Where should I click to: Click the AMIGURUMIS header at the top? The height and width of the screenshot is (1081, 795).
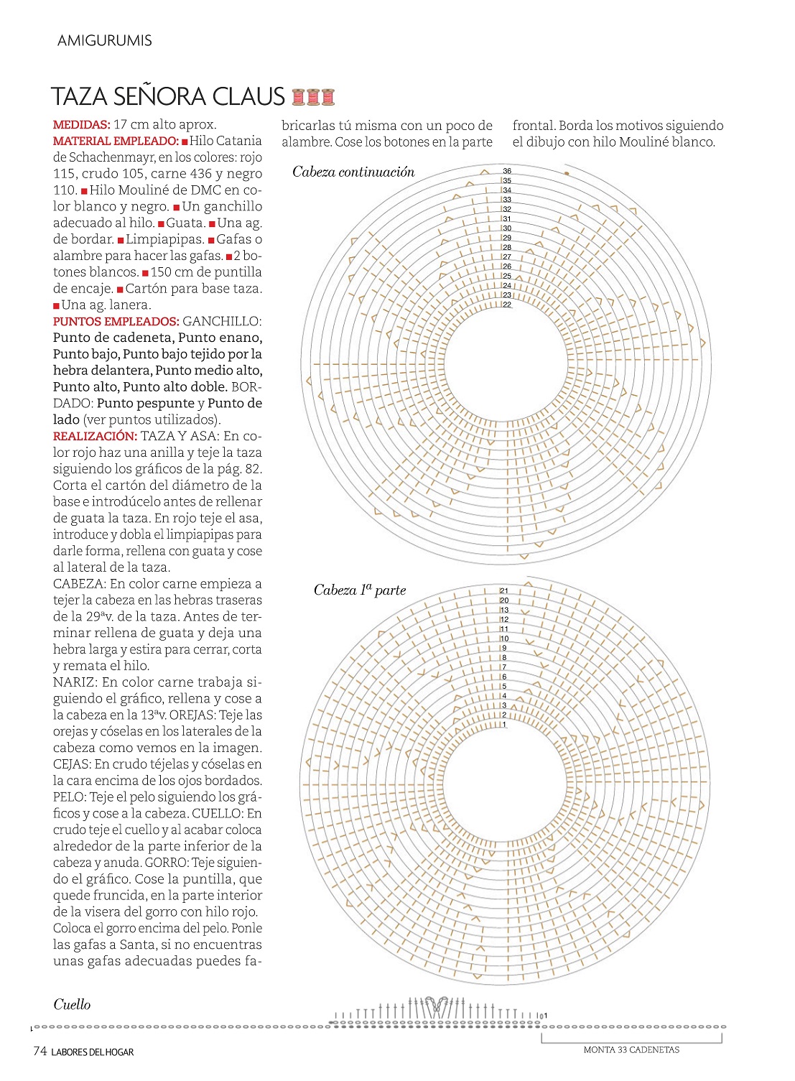click(105, 41)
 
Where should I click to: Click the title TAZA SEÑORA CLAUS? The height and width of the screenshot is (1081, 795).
click(168, 96)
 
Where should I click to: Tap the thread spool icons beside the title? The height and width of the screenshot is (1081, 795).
click(314, 96)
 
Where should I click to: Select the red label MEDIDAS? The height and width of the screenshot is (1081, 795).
click(81, 125)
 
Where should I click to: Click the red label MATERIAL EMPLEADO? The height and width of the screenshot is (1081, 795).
click(116, 141)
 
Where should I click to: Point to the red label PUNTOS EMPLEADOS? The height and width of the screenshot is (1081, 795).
click(116, 322)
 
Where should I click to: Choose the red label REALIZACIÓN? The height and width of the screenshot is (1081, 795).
click(95, 437)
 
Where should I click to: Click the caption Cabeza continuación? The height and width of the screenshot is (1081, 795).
click(353, 172)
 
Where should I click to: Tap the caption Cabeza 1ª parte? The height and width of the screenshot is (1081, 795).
click(360, 590)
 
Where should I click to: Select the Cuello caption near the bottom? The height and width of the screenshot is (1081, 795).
click(72, 1005)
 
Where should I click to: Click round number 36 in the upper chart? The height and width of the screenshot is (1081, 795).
click(507, 171)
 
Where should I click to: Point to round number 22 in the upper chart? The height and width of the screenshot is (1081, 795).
click(507, 305)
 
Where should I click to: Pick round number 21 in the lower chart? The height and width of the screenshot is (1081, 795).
click(504, 590)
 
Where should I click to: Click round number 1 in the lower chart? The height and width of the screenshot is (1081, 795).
click(504, 725)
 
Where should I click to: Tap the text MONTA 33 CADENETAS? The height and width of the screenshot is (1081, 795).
click(631, 1050)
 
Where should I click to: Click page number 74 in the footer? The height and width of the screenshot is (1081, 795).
click(40, 1052)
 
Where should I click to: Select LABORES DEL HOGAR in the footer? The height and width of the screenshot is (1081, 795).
click(93, 1052)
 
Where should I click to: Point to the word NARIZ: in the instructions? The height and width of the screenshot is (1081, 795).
click(75, 682)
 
